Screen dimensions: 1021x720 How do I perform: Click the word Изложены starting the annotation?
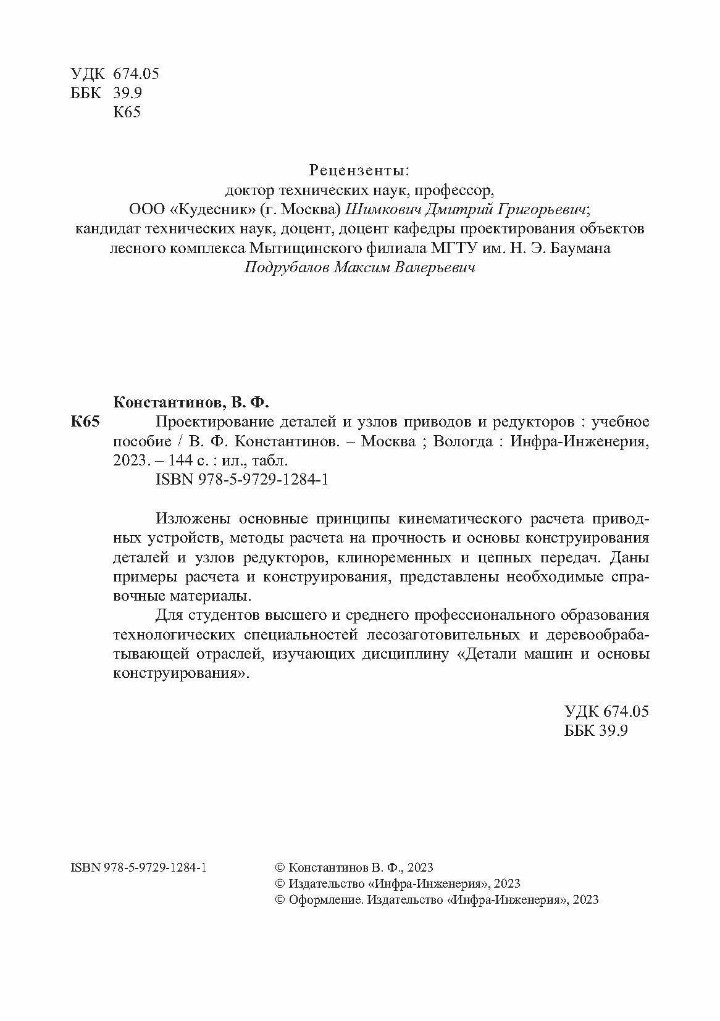pyautogui.click(x=193, y=519)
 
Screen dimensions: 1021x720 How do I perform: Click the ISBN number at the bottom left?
pyautogui.click(x=139, y=867)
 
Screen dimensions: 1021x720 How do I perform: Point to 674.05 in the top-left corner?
pyautogui.click(x=137, y=74)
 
